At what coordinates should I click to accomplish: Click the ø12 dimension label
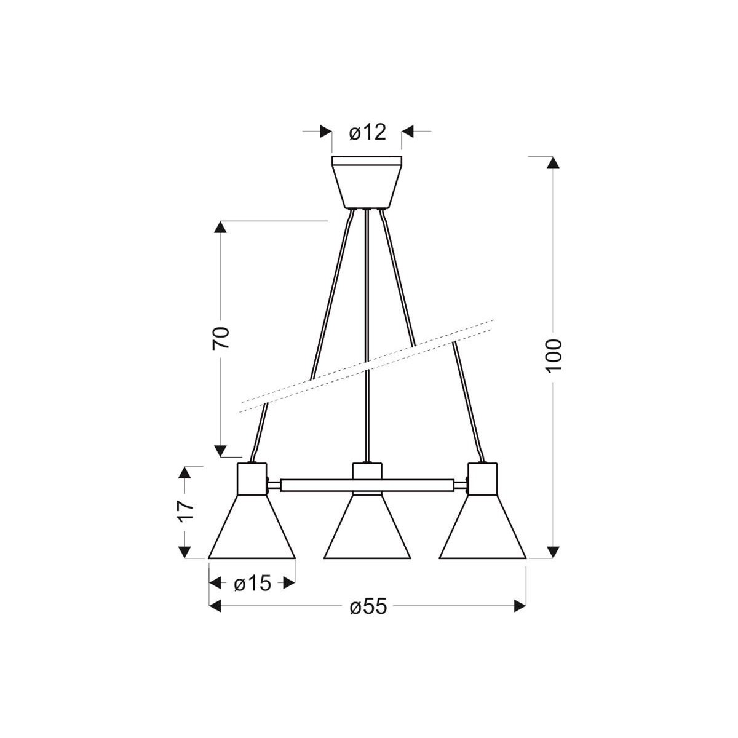367,132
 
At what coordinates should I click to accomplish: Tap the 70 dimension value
221,338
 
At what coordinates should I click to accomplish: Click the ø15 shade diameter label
252,583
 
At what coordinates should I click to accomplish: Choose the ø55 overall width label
368,607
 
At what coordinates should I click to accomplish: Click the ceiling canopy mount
367,182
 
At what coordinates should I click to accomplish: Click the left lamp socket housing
252,478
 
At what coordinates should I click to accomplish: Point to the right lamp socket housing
483,478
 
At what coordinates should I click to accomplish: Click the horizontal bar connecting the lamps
367,485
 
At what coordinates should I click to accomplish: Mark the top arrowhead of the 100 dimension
553,163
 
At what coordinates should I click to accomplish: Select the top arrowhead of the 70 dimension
221,227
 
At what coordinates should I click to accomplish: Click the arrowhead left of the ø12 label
325,132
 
